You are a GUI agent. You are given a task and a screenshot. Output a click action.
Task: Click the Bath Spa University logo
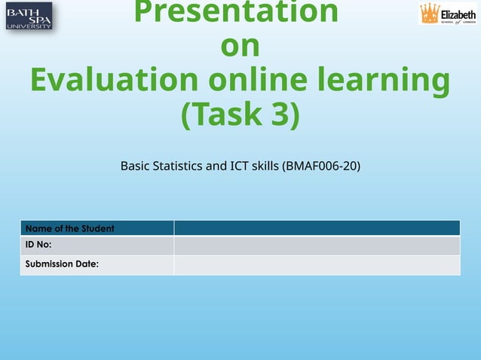pyautogui.click(x=29, y=16)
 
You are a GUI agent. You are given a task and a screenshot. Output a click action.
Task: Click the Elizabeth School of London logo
pyautogui.click(x=449, y=14)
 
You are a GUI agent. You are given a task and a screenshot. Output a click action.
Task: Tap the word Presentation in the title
pyautogui.click(x=236, y=12)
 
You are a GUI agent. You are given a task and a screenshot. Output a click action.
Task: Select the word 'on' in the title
pyautogui.click(x=240, y=46)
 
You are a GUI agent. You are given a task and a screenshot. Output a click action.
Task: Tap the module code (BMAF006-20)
pyautogui.click(x=320, y=166)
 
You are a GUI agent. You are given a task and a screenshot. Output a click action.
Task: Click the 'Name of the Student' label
pyautogui.click(x=70, y=228)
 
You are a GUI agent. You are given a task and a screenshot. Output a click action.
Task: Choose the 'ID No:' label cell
pyautogui.click(x=38, y=246)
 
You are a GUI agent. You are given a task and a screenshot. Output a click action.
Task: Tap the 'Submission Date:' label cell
pyautogui.click(x=63, y=264)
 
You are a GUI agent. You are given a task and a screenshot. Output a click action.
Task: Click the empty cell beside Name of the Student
pyautogui.click(x=317, y=228)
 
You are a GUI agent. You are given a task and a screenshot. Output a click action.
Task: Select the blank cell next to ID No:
pyautogui.click(x=317, y=246)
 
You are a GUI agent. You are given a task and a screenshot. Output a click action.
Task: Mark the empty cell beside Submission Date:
pyautogui.click(x=317, y=264)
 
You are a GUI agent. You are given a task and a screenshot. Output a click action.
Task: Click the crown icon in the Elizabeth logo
pyautogui.click(x=430, y=13)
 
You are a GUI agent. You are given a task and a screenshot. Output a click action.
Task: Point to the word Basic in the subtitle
pyautogui.click(x=136, y=166)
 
